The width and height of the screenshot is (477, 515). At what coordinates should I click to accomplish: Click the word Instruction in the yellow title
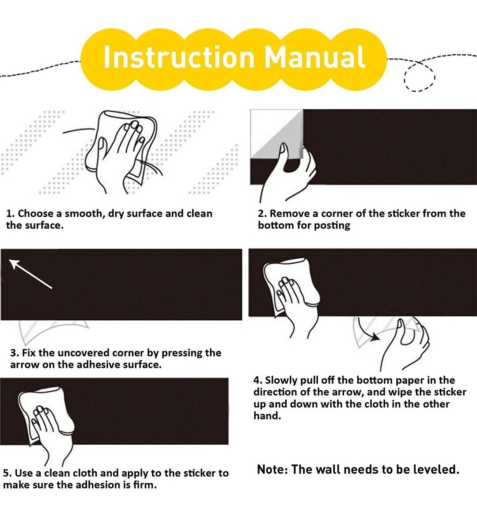pyautogui.click(x=179, y=57)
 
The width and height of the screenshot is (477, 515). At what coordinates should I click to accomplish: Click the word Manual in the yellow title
pyautogui.click(x=315, y=57)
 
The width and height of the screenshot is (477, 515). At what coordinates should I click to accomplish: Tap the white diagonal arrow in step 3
pyautogui.click(x=30, y=273)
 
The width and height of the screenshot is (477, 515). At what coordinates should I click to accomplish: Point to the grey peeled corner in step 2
pyautogui.click(x=276, y=135)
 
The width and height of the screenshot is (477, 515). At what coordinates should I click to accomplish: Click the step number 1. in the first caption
pyautogui.click(x=11, y=213)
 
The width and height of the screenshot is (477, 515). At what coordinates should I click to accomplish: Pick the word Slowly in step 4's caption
pyautogui.click(x=280, y=380)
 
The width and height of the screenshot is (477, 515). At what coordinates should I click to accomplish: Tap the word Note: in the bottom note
pyautogui.click(x=273, y=470)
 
